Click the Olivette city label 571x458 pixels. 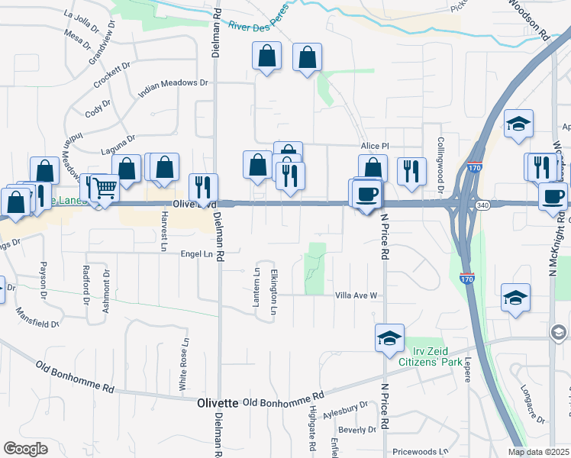[x=218, y=402]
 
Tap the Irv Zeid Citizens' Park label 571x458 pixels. [x=433, y=356]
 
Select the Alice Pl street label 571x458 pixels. [x=375, y=146]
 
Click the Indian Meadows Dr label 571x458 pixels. [x=173, y=89]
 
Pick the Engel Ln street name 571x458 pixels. [x=195, y=253]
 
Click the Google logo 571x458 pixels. [x=25, y=449]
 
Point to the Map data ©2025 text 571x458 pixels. [x=539, y=452]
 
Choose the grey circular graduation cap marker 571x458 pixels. [x=559, y=332]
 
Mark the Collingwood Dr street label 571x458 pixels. [x=440, y=164]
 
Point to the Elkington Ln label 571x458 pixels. [x=274, y=291]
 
